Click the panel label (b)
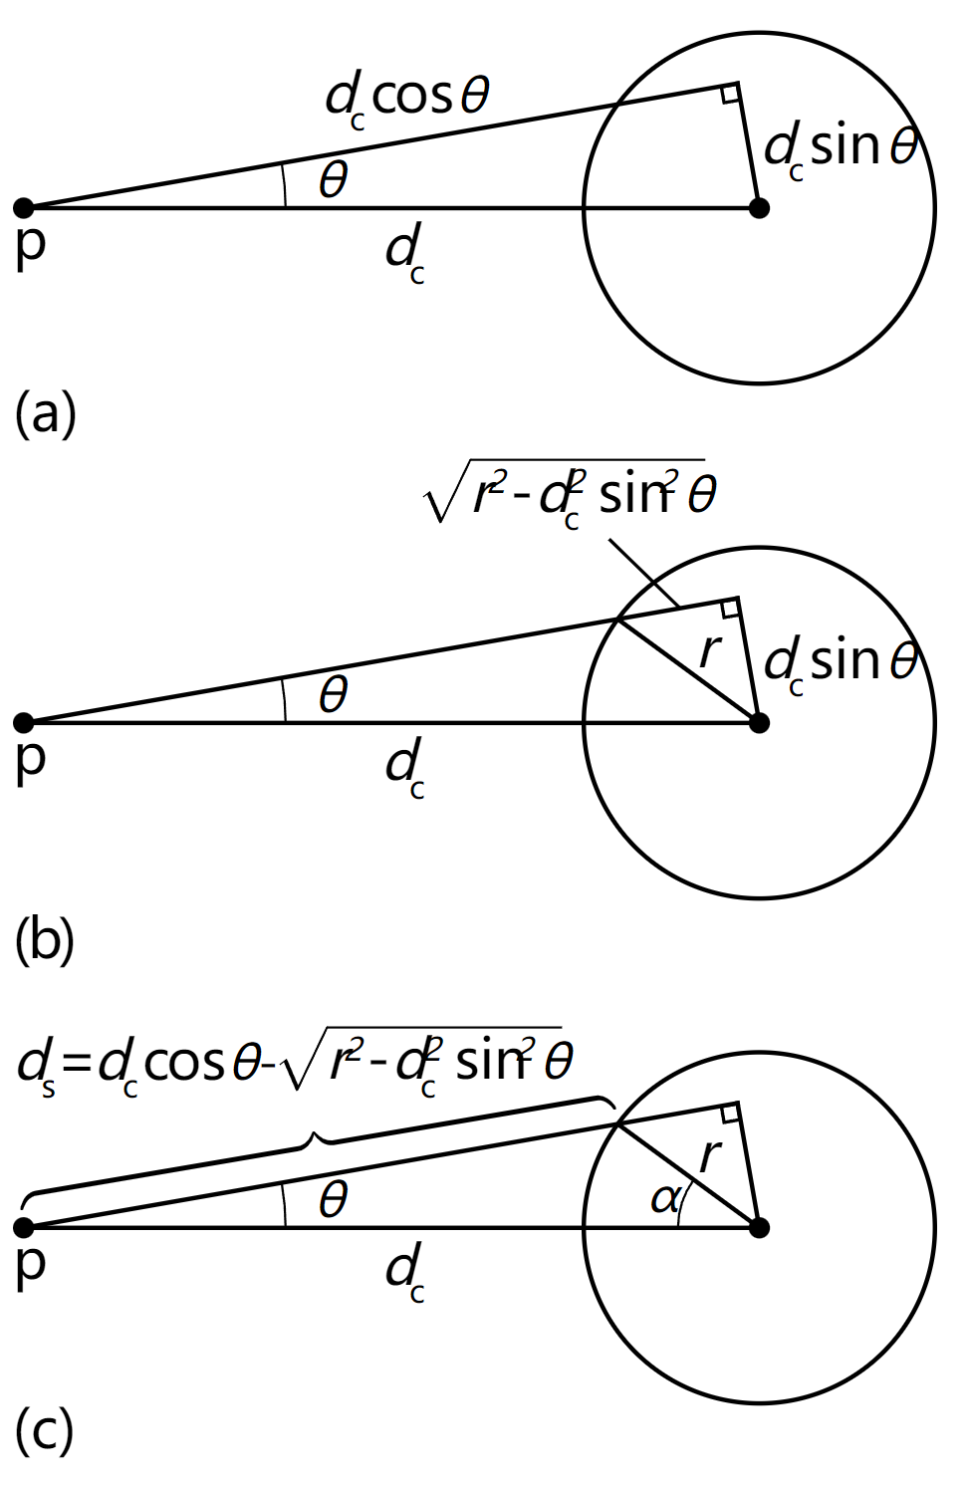(45, 941)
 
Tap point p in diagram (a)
(23, 208)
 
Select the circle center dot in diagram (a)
(759, 208)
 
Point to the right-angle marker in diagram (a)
(729, 94)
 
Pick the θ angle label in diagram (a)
(333, 179)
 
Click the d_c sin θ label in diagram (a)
(842, 150)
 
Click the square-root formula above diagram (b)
(570, 494)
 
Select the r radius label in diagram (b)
(711, 651)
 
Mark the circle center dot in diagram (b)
(759, 722)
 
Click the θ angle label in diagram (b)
(333, 695)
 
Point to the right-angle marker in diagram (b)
(729, 608)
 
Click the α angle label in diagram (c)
(664, 1199)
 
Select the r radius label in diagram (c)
(711, 1156)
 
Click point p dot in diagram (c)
(23, 1227)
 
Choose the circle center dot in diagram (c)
(759, 1227)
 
